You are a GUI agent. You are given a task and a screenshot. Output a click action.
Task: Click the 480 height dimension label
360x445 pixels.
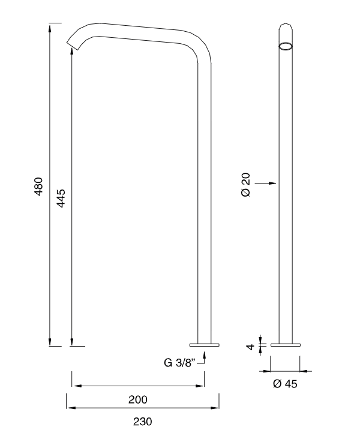[x=38, y=187]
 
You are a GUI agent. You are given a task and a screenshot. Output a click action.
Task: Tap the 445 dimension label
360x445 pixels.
[x=61, y=198]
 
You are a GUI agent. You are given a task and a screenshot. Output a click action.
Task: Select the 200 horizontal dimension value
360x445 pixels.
[x=137, y=399]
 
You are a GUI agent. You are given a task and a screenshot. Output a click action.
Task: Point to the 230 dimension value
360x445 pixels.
[x=143, y=422]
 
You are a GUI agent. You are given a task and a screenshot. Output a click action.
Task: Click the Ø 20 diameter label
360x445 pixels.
[x=246, y=185]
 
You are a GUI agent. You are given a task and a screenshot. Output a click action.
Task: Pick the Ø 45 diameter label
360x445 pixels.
[x=285, y=384]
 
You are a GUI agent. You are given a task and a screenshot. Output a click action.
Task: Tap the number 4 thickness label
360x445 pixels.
[x=250, y=347]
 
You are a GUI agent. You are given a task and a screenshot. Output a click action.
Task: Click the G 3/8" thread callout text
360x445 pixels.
[x=180, y=363]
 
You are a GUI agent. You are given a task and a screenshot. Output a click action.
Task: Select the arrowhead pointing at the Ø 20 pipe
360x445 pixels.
[x=272, y=184]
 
